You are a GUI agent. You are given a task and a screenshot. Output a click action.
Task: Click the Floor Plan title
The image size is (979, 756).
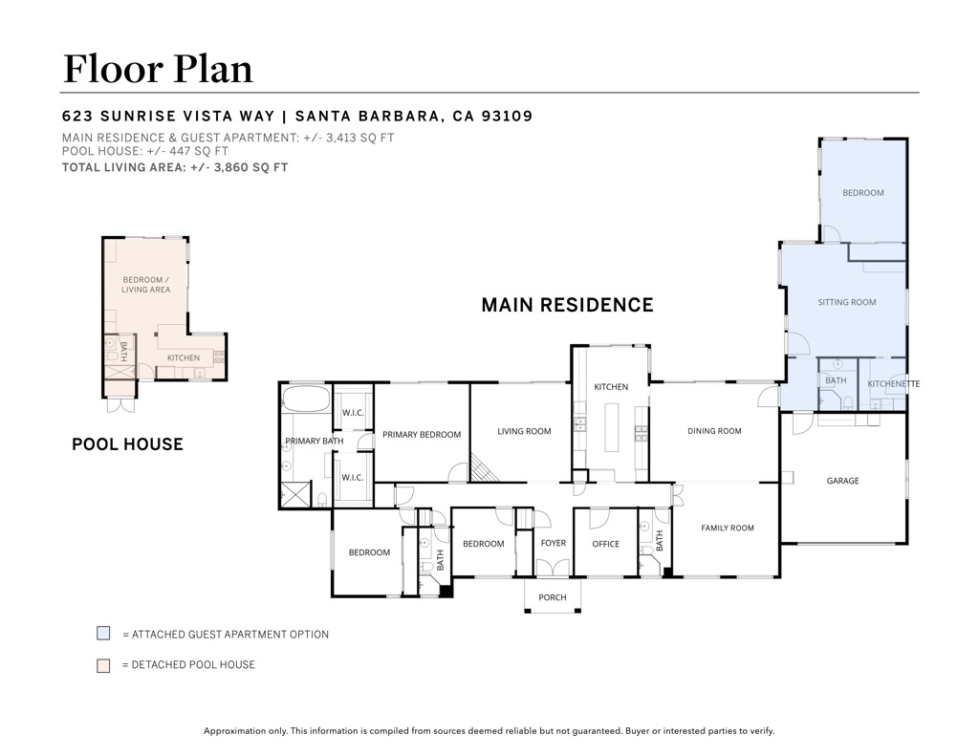click(158, 69)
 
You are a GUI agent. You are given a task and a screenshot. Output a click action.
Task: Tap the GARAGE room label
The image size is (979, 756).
click(842, 481)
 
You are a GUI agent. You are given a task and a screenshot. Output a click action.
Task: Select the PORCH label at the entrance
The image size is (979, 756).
click(553, 597)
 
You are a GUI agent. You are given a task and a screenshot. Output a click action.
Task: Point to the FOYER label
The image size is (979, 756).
click(554, 543)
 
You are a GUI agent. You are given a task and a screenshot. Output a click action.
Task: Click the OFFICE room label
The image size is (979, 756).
click(605, 545)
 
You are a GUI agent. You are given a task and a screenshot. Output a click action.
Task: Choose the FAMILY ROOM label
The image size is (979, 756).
click(728, 529)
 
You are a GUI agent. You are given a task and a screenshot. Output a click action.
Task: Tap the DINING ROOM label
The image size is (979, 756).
click(714, 431)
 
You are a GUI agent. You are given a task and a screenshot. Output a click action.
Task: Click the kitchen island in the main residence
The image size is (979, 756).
click(611, 427)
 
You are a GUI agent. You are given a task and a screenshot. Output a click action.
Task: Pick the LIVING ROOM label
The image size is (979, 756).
click(524, 431)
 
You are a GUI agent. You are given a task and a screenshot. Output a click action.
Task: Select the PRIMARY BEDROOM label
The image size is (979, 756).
click(422, 435)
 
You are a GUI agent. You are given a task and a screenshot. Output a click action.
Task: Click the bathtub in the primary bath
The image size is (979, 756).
click(306, 399)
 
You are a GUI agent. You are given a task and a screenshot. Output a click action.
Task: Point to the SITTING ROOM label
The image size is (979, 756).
click(847, 302)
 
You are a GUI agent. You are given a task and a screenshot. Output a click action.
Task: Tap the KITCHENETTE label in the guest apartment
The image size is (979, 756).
click(894, 384)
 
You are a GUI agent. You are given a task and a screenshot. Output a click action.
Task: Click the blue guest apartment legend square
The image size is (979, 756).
click(103, 633)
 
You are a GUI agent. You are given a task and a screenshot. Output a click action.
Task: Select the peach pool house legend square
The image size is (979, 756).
click(103, 665)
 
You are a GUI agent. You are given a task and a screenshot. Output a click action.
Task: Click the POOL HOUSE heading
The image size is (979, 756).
click(127, 443)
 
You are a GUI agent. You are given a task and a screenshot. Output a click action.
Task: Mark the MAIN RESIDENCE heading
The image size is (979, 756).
click(567, 305)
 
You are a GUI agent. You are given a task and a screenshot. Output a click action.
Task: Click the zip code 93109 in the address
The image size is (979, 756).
click(507, 116)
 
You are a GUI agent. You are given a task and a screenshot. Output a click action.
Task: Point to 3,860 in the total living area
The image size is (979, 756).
click(232, 167)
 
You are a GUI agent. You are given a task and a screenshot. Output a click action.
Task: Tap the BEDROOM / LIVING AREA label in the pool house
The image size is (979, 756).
click(145, 285)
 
